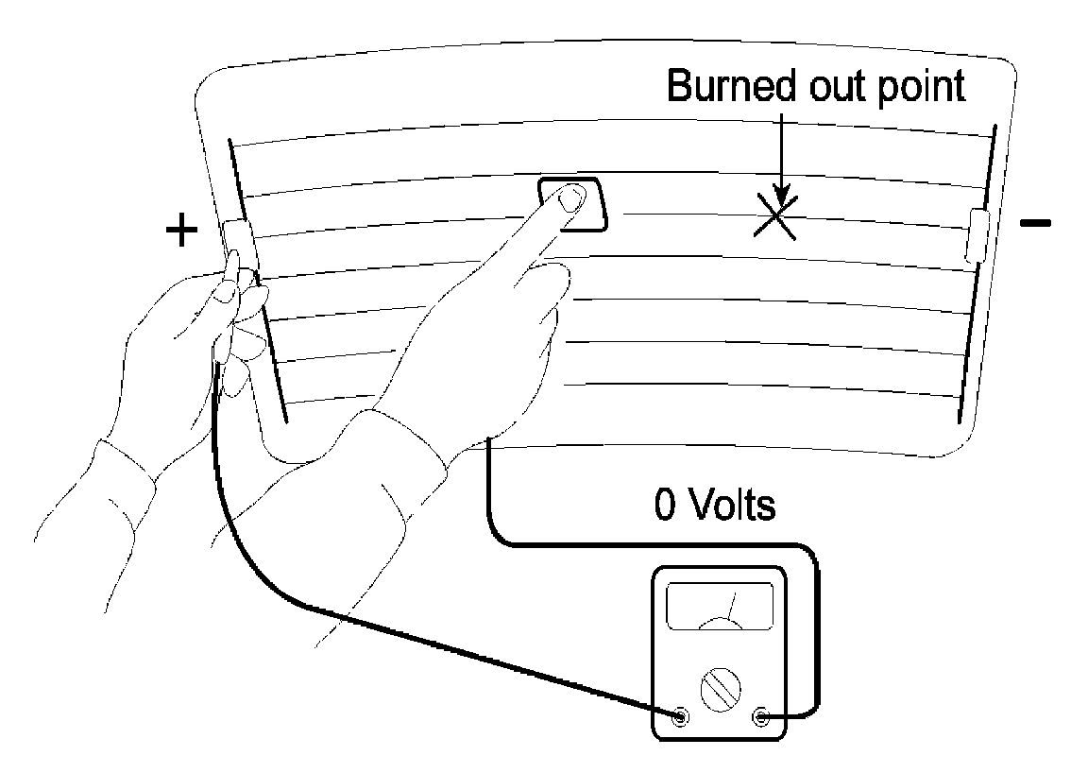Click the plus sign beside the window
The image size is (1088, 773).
point(181,231)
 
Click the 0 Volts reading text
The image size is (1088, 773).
point(714,506)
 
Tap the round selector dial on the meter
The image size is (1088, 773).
point(720,692)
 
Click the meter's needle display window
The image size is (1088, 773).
point(720,606)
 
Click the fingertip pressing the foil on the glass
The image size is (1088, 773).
point(572,198)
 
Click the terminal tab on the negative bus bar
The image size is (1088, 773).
point(977,236)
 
